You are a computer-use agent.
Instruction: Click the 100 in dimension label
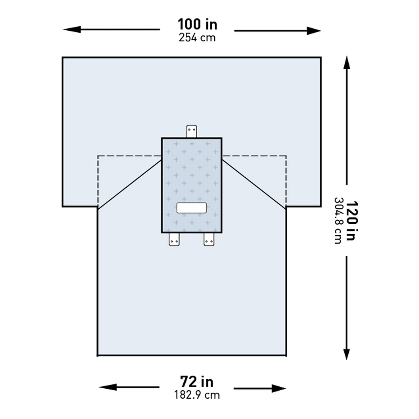click(x=197, y=25)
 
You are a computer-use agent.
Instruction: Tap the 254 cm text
click(x=197, y=37)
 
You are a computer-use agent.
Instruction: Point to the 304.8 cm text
click(x=338, y=220)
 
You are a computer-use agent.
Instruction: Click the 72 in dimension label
click(x=197, y=382)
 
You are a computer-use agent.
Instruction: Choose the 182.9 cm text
click(x=197, y=394)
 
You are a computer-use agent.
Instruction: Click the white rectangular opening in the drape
click(x=192, y=208)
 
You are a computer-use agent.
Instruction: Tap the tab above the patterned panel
click(x=192, y=131)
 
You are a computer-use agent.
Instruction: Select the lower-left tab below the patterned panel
click(x=174, y=239)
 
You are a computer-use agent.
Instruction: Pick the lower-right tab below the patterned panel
click(x=209, y=239)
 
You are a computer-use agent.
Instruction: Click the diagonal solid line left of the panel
click(x=129, y=183)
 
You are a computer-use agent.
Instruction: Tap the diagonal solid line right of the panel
click(x=254, y=183)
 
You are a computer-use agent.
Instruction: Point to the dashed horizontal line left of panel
click(x=129, y=156)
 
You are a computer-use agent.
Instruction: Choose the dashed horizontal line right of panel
click(x=254, y=156)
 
